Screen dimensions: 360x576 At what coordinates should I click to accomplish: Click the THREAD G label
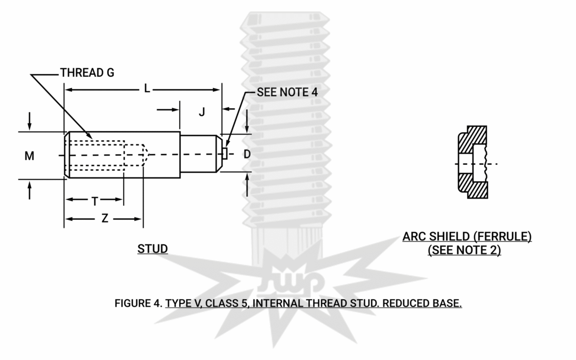coord(87,73)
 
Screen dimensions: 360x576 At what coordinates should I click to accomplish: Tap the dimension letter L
coord(147,89)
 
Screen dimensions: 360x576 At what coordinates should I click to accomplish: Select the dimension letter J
coord(202,111)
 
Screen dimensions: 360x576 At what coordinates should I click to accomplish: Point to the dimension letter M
coord(30,156)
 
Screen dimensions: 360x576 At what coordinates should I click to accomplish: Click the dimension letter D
coord(247,154)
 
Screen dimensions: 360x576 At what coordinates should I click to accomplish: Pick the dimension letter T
coord(94,201)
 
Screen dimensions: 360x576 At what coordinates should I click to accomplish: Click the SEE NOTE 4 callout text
coord(287,92)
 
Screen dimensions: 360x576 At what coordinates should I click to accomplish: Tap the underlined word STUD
coord(153,249)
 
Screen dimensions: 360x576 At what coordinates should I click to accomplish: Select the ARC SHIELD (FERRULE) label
coord(467,236)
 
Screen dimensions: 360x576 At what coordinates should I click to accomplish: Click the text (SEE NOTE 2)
coord(465,250)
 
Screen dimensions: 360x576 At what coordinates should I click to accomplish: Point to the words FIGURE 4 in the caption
coord(138,303)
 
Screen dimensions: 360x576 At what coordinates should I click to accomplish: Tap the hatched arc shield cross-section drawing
coord(473,162)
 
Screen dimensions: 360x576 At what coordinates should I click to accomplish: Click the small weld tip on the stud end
coord(225,154)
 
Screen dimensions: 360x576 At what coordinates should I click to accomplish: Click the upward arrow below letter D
coord(247,183)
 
